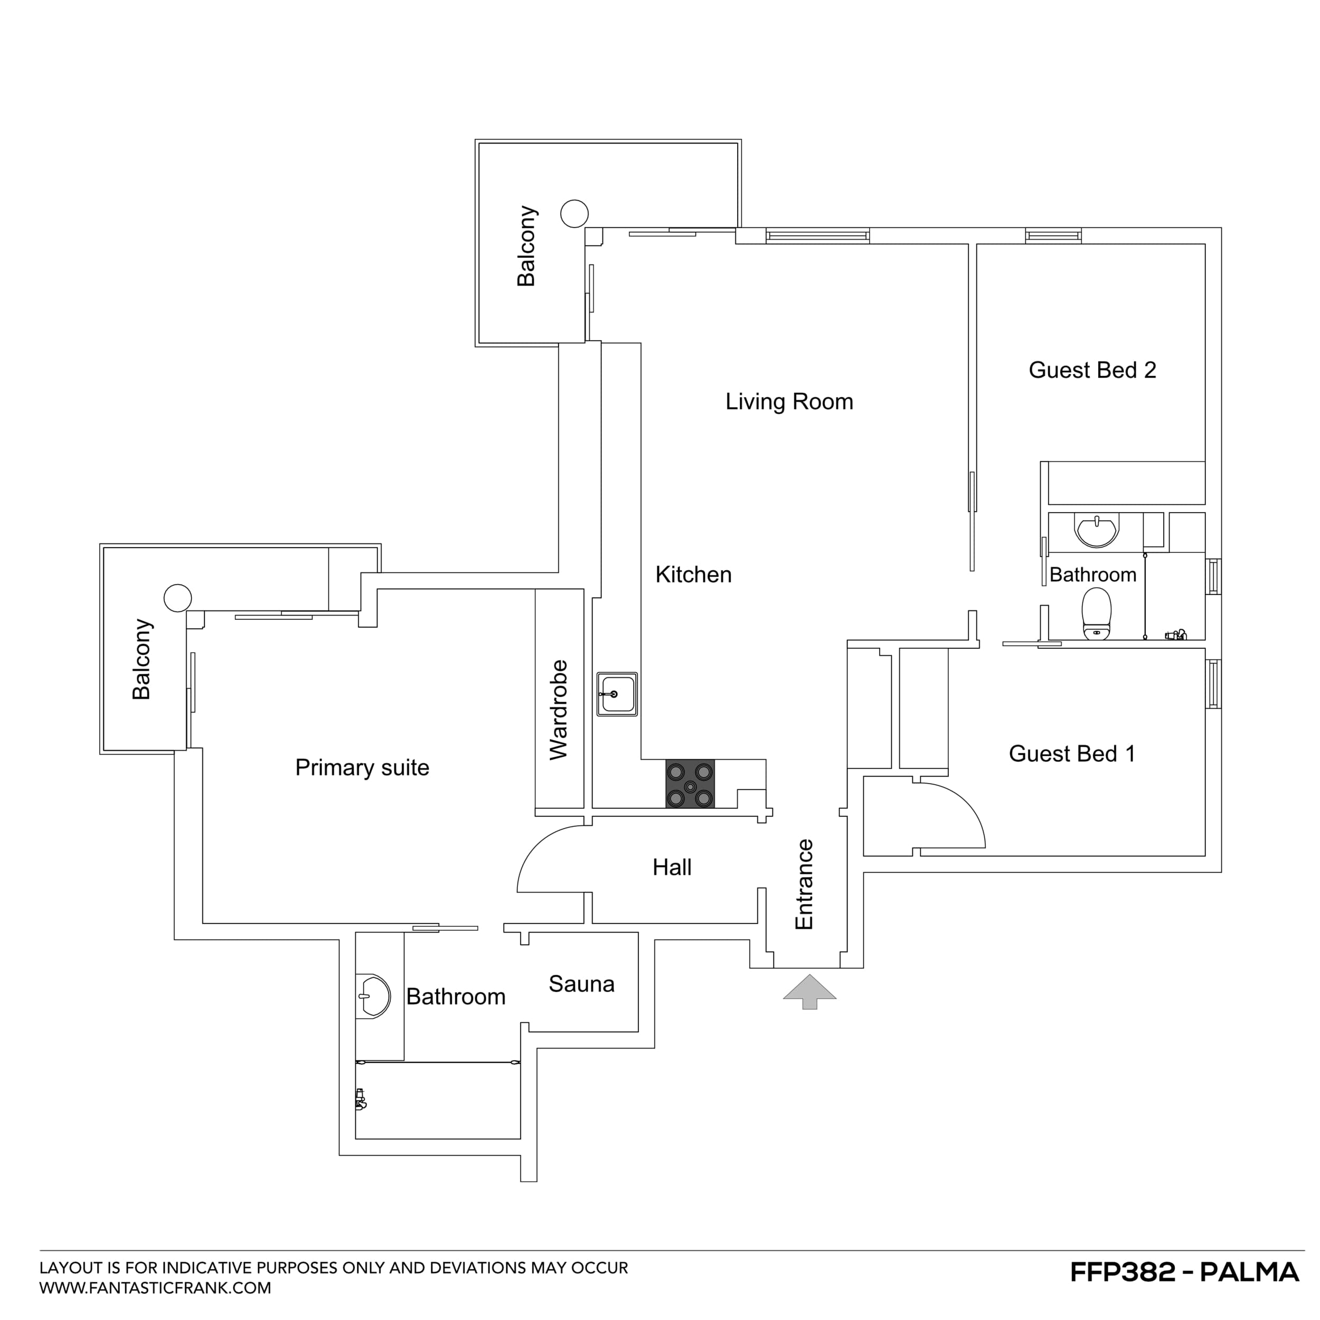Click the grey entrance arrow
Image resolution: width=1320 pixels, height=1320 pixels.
pyautogui.click(x=809, y=991)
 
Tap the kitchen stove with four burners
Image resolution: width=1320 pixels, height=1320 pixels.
pyautogui.click(x=690, y=784)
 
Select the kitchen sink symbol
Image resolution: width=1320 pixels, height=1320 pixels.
pyautogui.click(x=617, y=694)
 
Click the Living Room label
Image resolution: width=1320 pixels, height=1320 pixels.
pyautogui.click(x=789, y=402)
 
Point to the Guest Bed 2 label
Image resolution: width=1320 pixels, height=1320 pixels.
pyautogui.click(x=1092, y=370)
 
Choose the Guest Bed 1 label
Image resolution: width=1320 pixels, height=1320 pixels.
pyautogui.click(x=1071, y=753)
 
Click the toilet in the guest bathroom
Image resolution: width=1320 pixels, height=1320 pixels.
pyautogui.click(x=1097, y=614)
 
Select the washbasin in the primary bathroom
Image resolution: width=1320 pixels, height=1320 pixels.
pyautogui.click(x=373, y=996)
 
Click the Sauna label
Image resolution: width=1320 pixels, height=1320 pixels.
pyautogui.click(x=581, y=984)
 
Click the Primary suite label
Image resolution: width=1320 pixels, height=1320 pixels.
pyautogui.click(x=362, y=767)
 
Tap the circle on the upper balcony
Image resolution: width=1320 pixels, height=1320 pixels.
pyautogui.click(x=574, y=213)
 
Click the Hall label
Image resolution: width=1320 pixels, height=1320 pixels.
pyautogui.click(x=672, y=867)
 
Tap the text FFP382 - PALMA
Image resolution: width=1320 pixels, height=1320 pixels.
pyautogui.click(x=1183, y=1271)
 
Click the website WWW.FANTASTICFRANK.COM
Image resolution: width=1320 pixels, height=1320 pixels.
pyautogui.click(x=155, y=1288)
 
